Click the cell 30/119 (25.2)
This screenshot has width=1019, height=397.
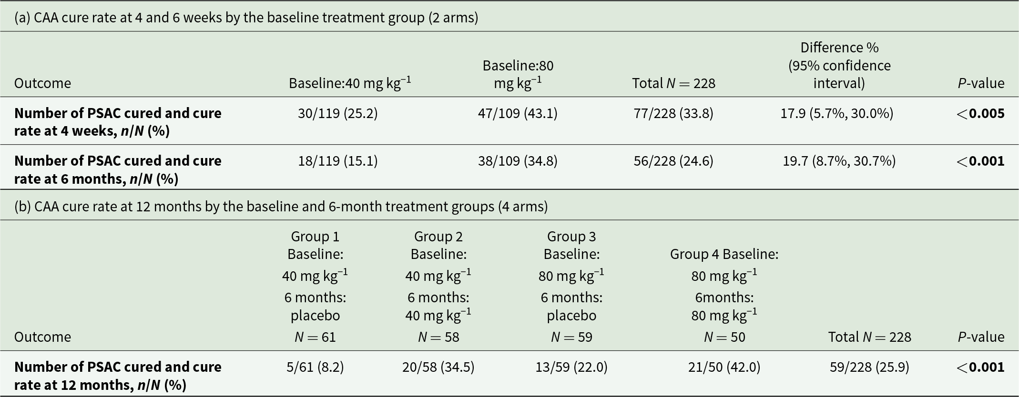point(337,113)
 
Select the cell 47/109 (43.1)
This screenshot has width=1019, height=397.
point(518,113)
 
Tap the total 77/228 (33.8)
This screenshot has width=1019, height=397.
point(673,113)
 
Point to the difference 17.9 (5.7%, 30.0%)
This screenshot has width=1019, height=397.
point(837,113)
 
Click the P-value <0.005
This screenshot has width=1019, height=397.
point(980,113)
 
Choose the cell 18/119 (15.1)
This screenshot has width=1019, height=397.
point(337,161)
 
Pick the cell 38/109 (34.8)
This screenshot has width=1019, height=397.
point(518,161)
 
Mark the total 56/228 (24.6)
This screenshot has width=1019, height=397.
point(673,161)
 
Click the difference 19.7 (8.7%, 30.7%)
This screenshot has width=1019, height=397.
point(839,161)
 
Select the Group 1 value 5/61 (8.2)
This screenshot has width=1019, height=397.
point(315,367)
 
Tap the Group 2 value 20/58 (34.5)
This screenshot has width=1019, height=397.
point(438,367)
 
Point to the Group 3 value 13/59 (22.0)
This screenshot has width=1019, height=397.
point(571,367)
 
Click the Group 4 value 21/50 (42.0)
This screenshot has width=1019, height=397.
point(724,367)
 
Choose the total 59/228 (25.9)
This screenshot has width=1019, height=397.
point(869,367)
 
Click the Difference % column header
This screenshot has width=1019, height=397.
point(839,65)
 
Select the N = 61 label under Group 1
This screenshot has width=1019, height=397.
point(315,337)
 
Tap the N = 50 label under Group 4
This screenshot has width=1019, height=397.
point(724,337)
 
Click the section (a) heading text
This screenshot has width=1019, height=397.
point(246,18)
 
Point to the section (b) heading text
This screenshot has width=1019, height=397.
point(281,207)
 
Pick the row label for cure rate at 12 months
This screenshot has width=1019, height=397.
point(118,376)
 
